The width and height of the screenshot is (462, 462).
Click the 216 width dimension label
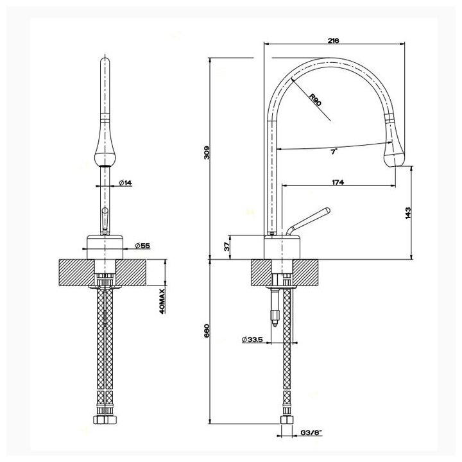(x=333, y=41)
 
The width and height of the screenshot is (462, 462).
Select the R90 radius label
(x=314, y=99)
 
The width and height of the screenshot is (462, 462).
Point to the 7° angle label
(x=332, y=153)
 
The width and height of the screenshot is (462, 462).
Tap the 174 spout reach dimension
(x=338, y=183)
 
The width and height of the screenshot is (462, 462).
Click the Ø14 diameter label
(x=126, y=184)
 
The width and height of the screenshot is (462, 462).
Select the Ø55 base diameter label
(x=144, y=246)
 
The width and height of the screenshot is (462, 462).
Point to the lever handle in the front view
(x=103, y=219)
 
